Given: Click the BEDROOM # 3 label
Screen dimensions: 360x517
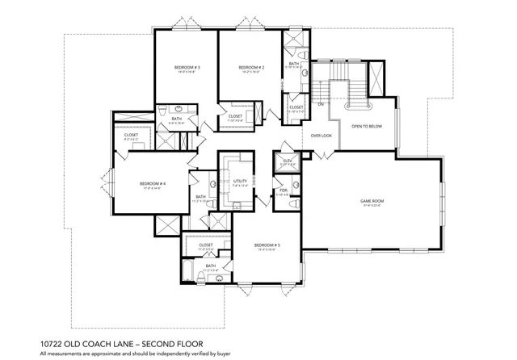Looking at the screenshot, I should (x=187, y=67).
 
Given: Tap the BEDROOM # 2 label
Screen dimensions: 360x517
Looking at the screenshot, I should (x=251, y=67).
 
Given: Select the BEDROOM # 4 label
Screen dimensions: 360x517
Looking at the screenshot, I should (x=152, y=183).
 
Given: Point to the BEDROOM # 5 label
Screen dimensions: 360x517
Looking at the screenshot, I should (x=266, y=245).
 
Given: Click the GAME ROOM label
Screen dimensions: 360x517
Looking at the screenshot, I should (x=371, y=200).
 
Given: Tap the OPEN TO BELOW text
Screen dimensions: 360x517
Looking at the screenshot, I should (x=366, y=127).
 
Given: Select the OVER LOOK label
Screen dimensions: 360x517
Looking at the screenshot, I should (x=322, y=136).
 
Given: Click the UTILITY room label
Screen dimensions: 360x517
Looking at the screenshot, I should (x=239, y=182).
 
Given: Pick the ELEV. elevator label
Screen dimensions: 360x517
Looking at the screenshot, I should (x=287, y=161).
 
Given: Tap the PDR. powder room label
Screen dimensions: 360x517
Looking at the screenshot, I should (x=282, y=191).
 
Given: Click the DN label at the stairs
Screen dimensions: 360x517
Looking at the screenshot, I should (x=321, y=105).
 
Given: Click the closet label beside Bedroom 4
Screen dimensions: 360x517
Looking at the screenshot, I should (x=131, y=135).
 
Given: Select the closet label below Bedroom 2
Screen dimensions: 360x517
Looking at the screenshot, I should (x=235, y=116).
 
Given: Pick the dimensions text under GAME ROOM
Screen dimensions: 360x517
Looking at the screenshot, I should (x=371, y=206).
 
